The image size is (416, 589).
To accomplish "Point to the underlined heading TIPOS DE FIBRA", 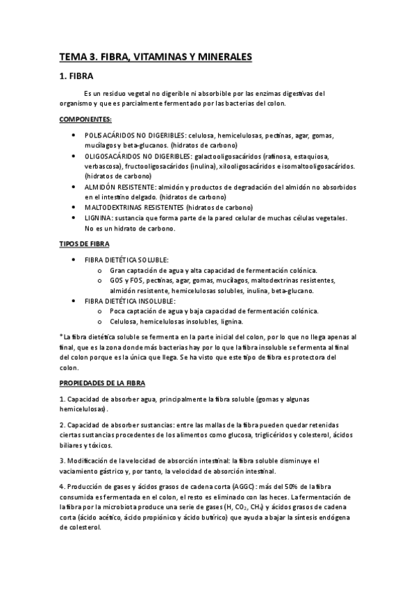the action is [x=83, y=244].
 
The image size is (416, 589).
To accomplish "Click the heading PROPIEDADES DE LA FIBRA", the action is [x=101, y=383].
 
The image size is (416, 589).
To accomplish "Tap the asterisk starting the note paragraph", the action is [x=61, y=335].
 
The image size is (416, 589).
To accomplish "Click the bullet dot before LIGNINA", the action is [x=74, y=217].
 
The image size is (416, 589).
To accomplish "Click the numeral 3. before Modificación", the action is [x=62, y=460].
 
